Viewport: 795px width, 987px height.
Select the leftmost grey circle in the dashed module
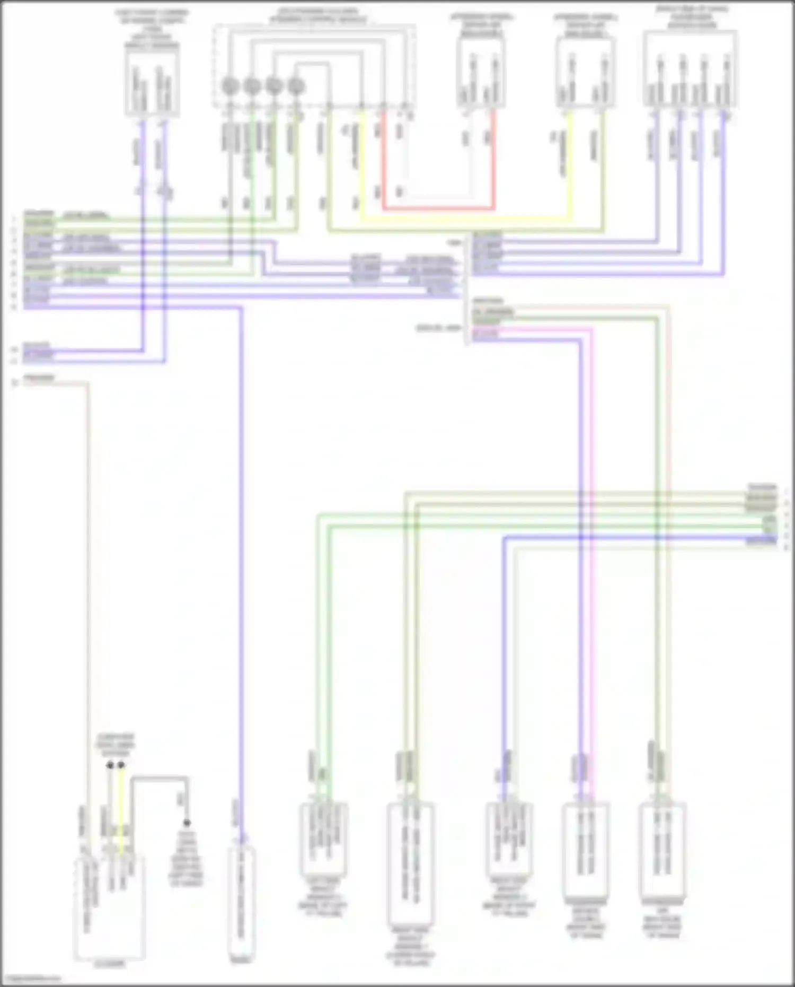[229, 85]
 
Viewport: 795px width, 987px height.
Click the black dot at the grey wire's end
[187, 824]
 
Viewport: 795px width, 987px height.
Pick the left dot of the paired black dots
[110, 765]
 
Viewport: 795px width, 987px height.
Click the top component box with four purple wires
[690, 68]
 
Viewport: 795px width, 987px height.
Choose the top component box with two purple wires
[152, 83]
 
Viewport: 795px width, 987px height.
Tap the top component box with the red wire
[481, 73]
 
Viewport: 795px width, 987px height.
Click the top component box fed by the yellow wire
[585, 73]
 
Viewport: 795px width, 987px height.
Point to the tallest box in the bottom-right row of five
[410, 870]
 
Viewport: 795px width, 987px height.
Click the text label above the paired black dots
[115, 745]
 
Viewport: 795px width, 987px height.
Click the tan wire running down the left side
[88, 583]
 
